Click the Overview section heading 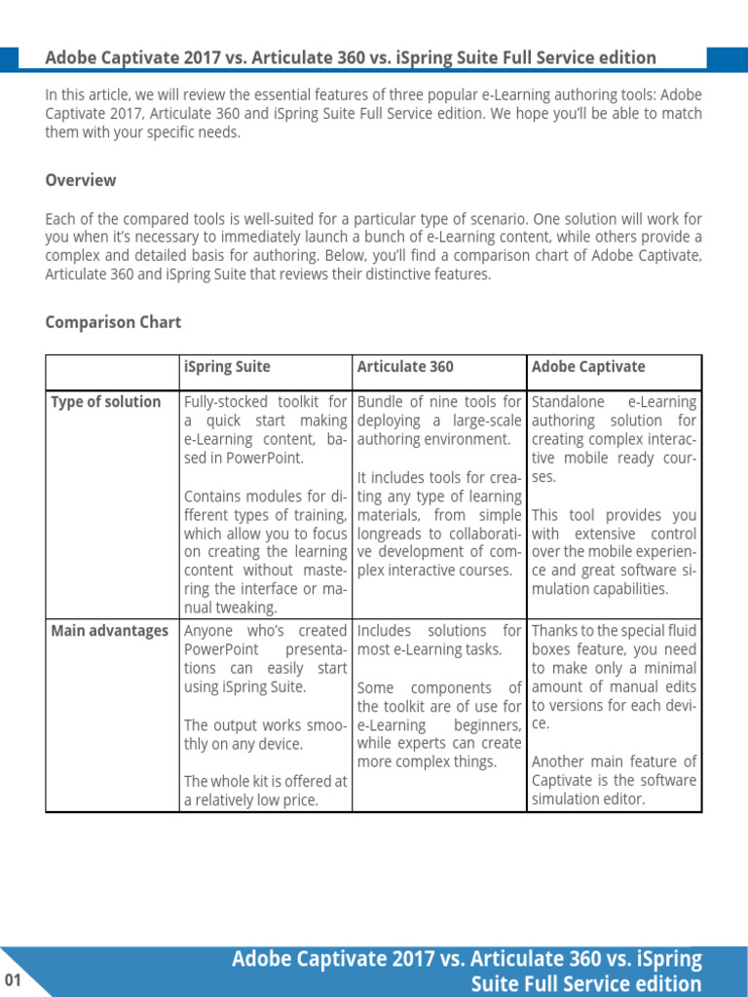[81, 180]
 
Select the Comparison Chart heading [113, 322]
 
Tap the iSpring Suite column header [227, 367]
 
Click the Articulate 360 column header [405, 367]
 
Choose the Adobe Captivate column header [588, 367]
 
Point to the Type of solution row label [105, 402]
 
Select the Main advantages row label [109, 631]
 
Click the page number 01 [13, 979]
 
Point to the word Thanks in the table [555, 631]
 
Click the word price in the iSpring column [301, 800]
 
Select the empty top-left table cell [113, 372]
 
